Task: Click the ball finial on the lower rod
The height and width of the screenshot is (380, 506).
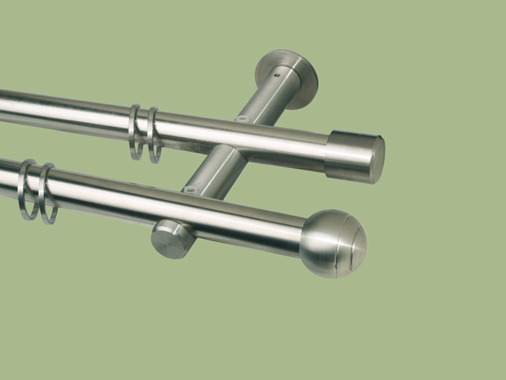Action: tap(332, 243)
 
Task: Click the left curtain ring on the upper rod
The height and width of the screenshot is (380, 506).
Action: tap(135, 132)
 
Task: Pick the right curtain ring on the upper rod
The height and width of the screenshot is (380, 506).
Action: tap(153, 135)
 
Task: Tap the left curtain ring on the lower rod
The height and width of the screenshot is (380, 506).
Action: tap(28, 189)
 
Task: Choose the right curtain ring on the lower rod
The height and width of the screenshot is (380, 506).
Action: tap(48, 193)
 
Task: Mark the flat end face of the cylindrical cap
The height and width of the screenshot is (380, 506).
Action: tap(377, 160)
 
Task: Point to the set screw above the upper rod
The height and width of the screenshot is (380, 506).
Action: tap(241, 119)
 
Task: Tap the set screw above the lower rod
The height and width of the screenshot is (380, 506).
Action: tap(187, 188)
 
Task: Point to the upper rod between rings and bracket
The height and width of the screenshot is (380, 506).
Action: tap(195, 132)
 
